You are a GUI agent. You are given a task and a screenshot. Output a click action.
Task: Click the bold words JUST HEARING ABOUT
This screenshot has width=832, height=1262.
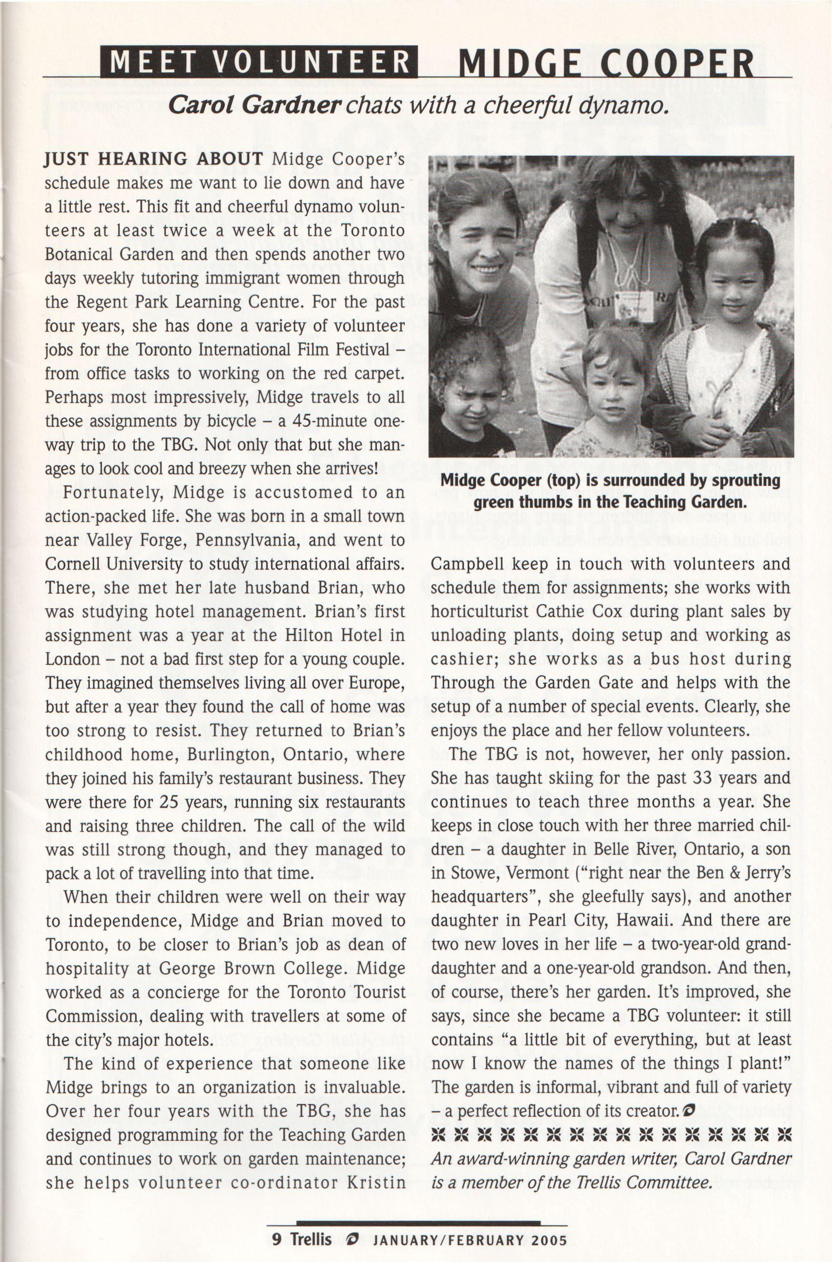click(x=154, y=159)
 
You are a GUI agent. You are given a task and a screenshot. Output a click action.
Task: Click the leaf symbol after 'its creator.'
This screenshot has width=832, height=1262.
click(x=689, y=1109)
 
